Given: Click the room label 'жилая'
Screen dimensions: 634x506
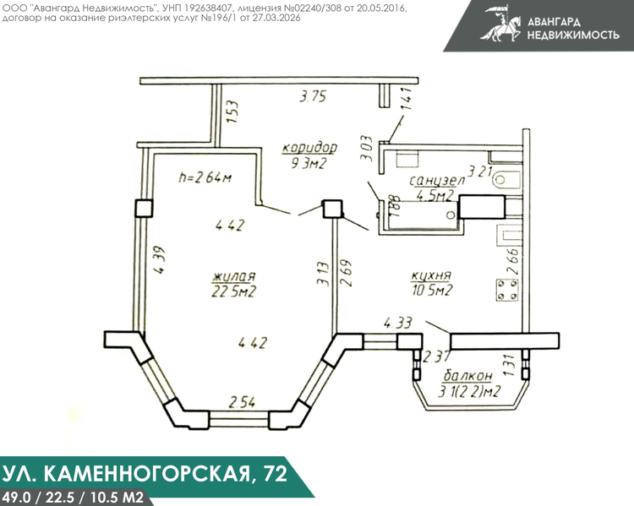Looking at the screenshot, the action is click(x=234, y=277).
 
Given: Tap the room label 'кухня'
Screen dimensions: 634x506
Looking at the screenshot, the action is click(x=431, y=276).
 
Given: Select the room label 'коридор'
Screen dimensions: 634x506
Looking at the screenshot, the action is click(x=309, y=148).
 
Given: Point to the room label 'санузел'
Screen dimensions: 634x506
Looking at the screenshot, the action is click(x=438, y=181).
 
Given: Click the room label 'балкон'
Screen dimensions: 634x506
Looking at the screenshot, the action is click(x=468, y=376).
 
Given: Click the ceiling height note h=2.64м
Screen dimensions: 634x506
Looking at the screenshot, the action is click(x=205, y=177).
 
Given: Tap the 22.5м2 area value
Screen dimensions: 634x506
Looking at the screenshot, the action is click(x=233, y=291).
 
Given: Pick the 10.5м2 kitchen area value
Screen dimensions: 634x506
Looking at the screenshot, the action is click(x=432, y=291).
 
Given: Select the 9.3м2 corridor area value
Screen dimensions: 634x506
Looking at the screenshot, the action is click(x=309, y=164).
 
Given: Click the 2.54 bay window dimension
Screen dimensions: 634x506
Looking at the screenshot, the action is click(x=243, y=403).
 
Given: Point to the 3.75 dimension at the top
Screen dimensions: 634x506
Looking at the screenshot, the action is click(x=313, y=96).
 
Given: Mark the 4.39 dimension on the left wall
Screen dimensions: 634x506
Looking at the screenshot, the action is click(x=159, y=260).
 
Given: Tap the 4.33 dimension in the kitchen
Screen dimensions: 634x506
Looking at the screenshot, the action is click(x=398, y=323).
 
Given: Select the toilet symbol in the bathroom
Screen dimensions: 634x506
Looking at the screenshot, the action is click(x=506, y=179).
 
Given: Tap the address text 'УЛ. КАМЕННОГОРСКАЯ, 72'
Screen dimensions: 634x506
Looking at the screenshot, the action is click(x=145, y=473).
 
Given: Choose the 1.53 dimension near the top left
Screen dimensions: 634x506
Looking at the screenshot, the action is click(x=233, y=112).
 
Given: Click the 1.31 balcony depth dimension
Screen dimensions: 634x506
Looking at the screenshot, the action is click(x=509, y=366).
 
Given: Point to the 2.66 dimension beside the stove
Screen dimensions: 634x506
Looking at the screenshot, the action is click(x=512, y=261).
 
